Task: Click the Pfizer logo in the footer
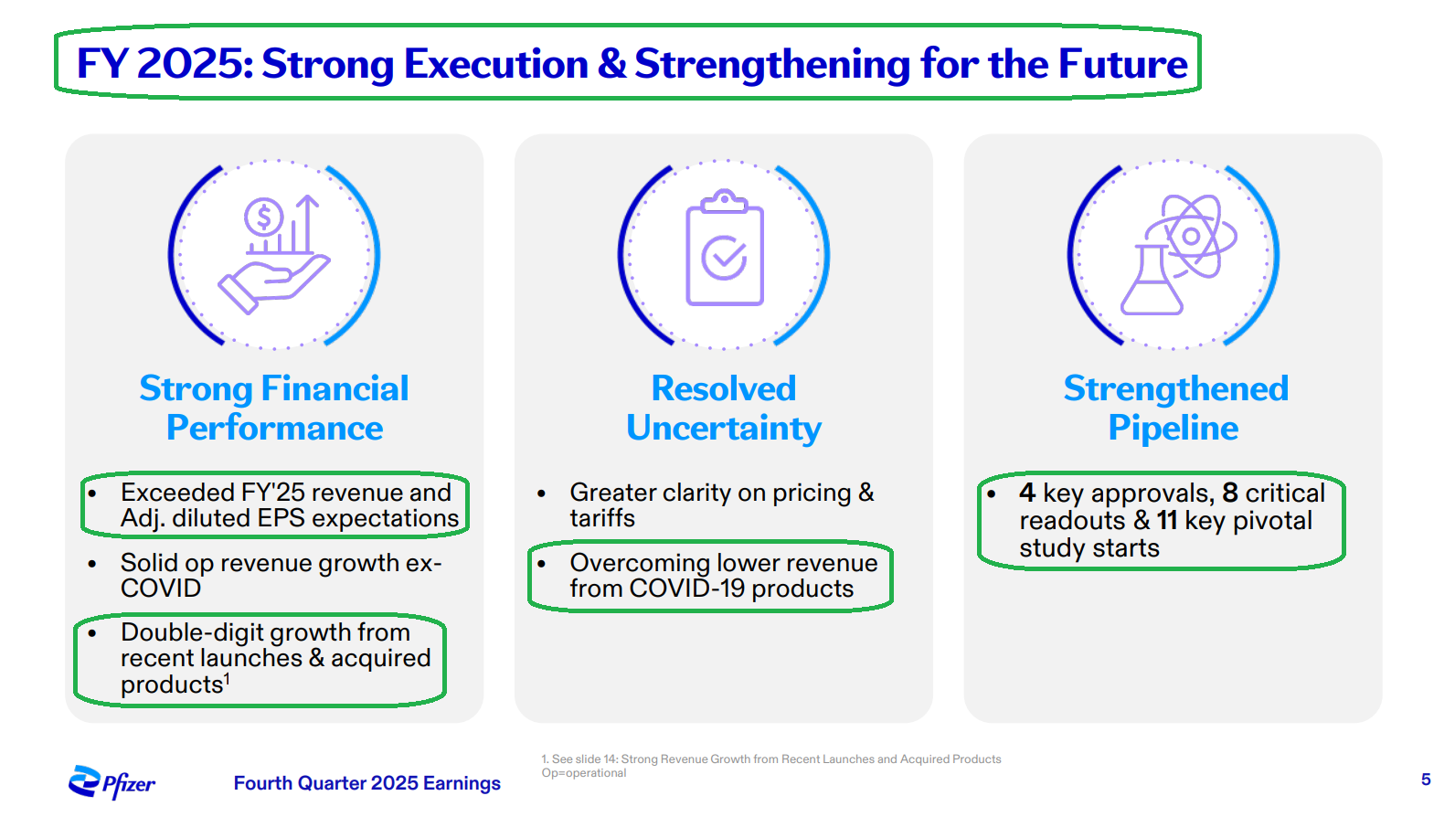[x=112, y=782]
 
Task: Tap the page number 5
[x=1425, y=780]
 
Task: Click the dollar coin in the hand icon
[x=264, y=218]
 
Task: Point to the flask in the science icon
[x=1152, y=282]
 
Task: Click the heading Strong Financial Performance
[x=274, y=408]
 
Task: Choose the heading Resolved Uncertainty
[x=724, y=408]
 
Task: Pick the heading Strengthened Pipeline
[x=1175, y=408]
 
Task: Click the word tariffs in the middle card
[x=602, y=518]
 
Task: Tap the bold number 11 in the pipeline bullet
[x=1167, y=521]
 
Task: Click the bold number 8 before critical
[x=1230, y=493]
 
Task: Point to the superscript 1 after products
[x=227, y=678]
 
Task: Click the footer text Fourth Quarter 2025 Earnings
[x=367, y=783]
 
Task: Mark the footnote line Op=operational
[x=584, y=773]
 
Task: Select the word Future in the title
[x=1123, y=64]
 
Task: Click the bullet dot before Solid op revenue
[x=92, y=564]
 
